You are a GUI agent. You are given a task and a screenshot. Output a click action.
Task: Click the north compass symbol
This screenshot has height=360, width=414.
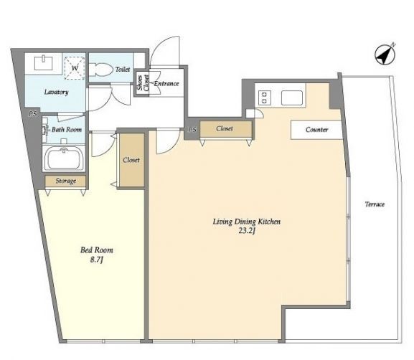click(x=385, y=55)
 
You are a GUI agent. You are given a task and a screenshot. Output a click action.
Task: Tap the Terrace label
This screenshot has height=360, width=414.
click(x=375, y=204)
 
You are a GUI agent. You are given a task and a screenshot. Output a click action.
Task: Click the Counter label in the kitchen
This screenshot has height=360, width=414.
click(x=317, y=130)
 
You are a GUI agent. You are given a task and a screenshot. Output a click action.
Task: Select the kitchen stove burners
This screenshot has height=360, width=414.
click(x=264, y=98)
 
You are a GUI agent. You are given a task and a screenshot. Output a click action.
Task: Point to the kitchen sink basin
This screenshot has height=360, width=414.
click(x=292, y=98)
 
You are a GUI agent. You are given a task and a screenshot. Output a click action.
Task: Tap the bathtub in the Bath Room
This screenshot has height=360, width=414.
click(x=64, y=159)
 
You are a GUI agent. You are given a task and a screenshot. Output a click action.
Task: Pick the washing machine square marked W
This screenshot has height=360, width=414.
click(x=75, y=68)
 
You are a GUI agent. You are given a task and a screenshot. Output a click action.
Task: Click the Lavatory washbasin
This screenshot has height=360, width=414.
click(x=44, y=62)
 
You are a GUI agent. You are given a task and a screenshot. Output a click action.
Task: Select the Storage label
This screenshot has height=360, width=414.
click(x=66, y=181)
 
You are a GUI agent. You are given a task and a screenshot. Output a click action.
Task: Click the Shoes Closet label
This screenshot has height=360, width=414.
click(x=143, y=82)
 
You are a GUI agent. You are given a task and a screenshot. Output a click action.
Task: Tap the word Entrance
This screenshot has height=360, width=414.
click(x=166, y=84)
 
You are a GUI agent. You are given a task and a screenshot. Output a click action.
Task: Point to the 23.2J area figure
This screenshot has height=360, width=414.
click(x=247, y=231)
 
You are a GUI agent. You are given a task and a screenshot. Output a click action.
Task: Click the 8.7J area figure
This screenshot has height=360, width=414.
click(x=97, y=260)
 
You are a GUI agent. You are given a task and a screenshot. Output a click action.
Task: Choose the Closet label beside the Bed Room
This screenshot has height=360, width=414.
click(x=131, y=160)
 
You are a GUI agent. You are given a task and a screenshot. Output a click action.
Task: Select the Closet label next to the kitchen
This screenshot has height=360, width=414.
click(x=225, y=128)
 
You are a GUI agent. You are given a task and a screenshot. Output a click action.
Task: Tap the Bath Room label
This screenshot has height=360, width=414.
click(x=67, y=129)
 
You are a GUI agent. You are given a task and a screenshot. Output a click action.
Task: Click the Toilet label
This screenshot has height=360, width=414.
click(x=123, y=70)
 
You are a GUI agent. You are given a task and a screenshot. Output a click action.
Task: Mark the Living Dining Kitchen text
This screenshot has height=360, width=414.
click(x=247, y=222)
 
